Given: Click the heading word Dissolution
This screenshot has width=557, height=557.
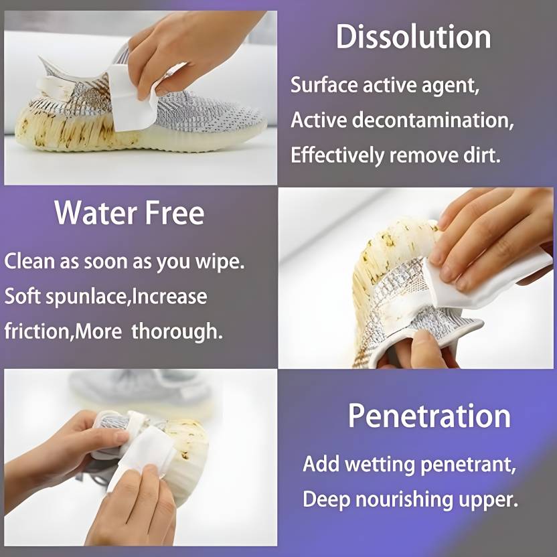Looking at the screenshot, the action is [414, 37].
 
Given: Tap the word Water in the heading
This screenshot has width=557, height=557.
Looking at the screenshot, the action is [96, 212].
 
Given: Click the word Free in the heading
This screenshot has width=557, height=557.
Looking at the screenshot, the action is [175, 212].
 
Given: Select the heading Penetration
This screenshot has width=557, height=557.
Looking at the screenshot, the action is [429, 416].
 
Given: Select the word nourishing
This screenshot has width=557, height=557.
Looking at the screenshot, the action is [404, 499].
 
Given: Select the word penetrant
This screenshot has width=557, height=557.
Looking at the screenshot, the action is [468, 465].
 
